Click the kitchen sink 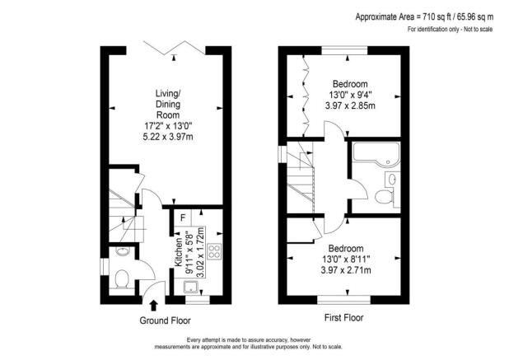(191, 288)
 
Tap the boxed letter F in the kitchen (182, 217)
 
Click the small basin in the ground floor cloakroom (120, 250)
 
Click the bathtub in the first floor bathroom (376, 153)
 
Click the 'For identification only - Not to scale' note (450, 30)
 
